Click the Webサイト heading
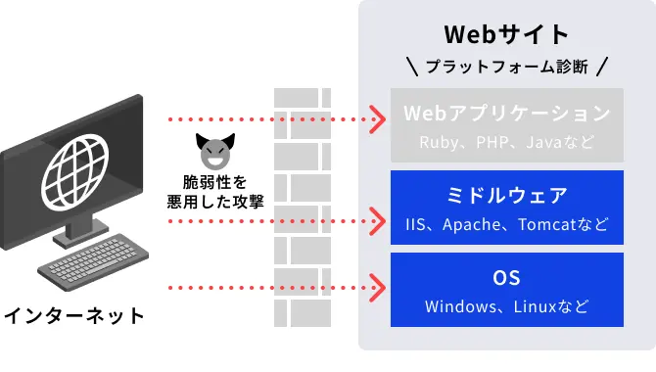coord(506,34)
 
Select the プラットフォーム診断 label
coord(506,68)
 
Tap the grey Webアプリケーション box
coord(506,125)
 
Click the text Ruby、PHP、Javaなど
coord(506,142)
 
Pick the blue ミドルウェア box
coord(506,207)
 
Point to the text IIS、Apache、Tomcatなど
coord(506,224)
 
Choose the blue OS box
coord(506,289)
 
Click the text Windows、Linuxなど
coord(506,306)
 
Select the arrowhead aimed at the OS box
coord(377,289)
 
